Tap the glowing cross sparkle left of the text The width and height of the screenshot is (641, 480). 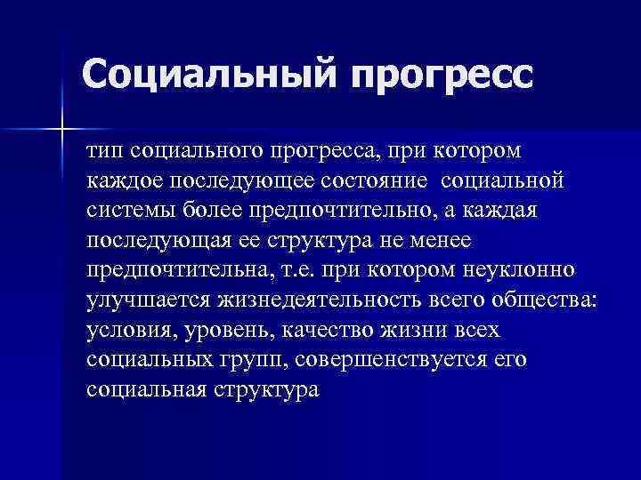click(61, 130)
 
